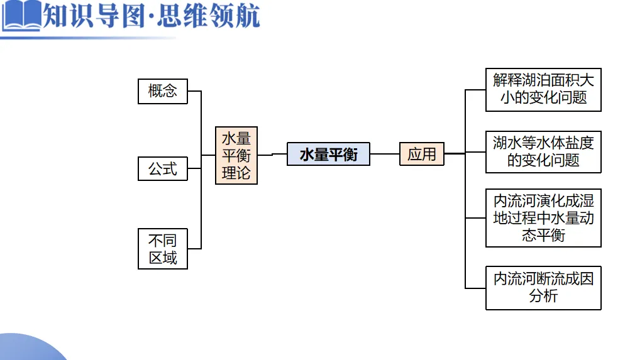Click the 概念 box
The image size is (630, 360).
pos(163,91)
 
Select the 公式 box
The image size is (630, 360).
pos(163,168)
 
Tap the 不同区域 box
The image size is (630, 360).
pos(163,249)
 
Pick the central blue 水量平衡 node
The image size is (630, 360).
pos(328,155)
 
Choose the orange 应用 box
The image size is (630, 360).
pos(422,154)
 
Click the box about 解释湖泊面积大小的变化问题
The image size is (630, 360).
pos(543,89)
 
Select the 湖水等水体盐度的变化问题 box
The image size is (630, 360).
pos(543,151)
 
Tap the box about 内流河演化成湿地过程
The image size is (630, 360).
pos(543,218)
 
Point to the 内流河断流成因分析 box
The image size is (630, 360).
pos(543,287)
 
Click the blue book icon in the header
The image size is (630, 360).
pos(20,17)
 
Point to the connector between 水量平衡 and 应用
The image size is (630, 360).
pos(384,154)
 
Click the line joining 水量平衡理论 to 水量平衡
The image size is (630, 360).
pos(272,154)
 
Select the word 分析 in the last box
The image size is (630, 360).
pos(543,296)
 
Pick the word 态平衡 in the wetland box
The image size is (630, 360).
pos(543,235)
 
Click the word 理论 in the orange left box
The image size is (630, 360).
pos(236,173)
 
